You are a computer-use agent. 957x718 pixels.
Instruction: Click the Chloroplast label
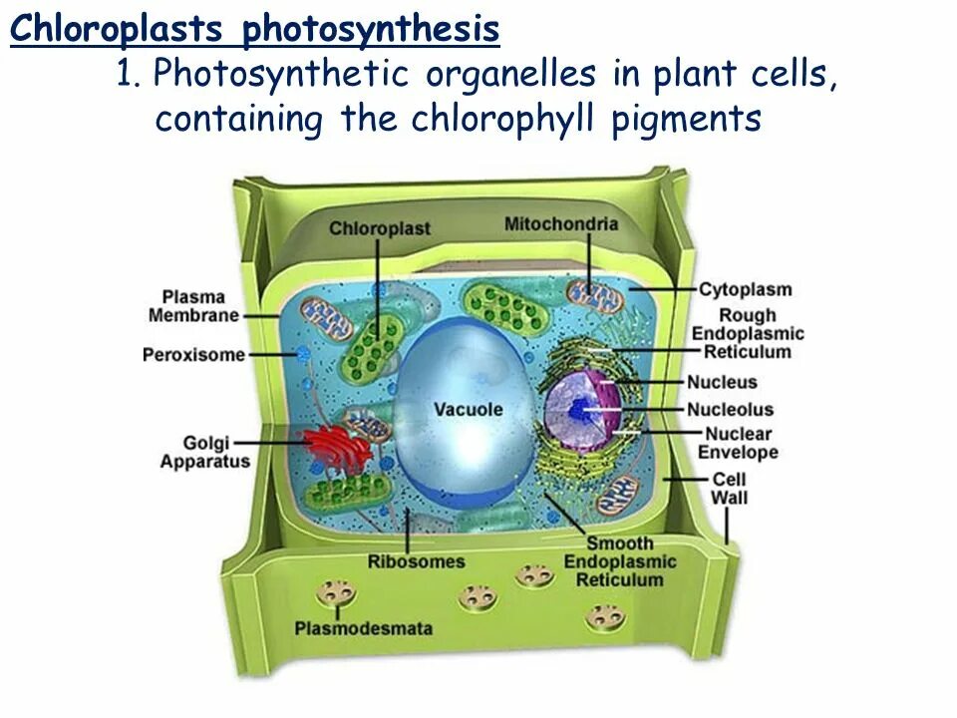click(x=380, y=228)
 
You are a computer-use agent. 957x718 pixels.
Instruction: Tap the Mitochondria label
click(x=560, y=223)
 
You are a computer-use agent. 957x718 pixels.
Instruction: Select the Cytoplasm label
click(x=745, y=289)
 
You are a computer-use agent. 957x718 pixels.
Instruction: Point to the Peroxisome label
click(x=193, y=354)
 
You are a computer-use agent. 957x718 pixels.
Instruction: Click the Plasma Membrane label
click(x=193, y=306)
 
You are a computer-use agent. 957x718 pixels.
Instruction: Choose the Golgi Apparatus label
click(x=204, y=452)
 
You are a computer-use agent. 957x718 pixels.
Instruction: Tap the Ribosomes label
click(x=416, y=561)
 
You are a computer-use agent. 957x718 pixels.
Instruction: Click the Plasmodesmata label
click(x=363, y=628)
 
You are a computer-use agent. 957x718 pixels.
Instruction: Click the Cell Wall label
click(x=729, y=488)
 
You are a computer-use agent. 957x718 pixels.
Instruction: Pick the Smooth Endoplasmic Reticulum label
click(x=619, y=561)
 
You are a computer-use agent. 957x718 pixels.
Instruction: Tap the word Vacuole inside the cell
click(x=469, y=409)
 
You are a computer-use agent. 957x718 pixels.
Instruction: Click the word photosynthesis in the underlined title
click(x=371, y=30)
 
